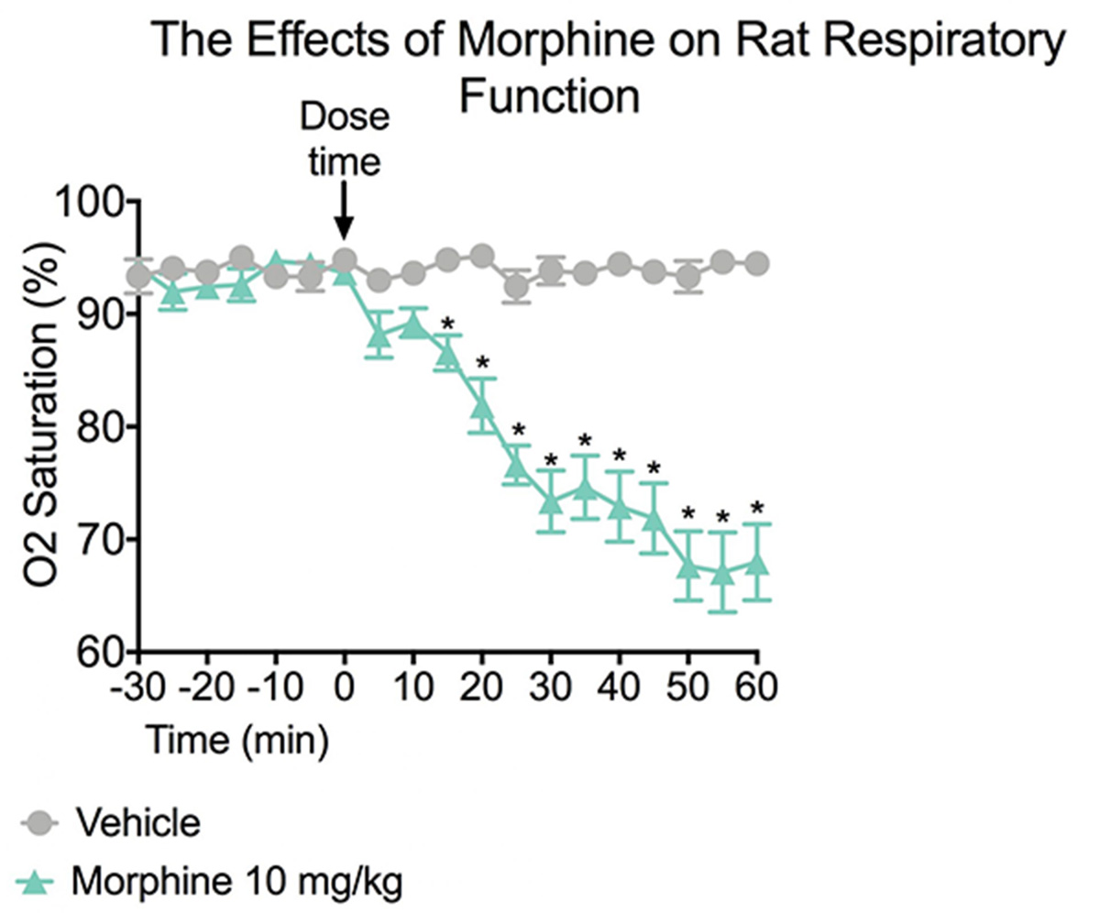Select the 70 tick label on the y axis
[x=98, y=539]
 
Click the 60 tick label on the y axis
[x=98, y=652]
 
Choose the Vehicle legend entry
[x=137, y=822]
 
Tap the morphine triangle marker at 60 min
[x=757, y=562]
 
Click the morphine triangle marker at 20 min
[x=482, y=404]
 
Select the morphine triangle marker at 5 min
[x=379, y=335]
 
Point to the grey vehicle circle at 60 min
[x=757, y=263]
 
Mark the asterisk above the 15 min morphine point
[x=447, y=324]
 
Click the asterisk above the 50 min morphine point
[x=688, y=514]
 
